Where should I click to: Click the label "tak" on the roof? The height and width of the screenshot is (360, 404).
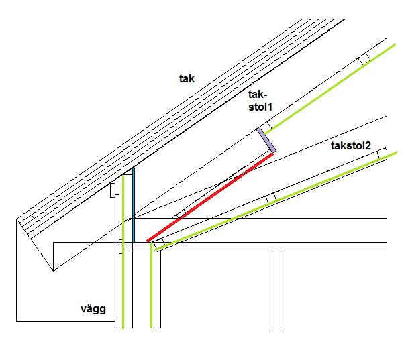click(x=187, y=78)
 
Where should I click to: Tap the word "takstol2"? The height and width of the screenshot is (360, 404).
click(x=351, y=146)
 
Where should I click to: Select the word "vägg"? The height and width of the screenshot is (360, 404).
click(x=93, y=309)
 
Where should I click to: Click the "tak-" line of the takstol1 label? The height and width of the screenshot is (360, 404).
click(x=256, y=95)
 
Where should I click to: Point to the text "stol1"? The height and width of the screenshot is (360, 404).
click(x=260, y=107)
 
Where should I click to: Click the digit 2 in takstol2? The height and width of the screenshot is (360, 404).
click(x=368, y=146)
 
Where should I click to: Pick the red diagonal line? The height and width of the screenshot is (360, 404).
click(x=210, y=198)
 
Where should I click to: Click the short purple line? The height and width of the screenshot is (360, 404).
click(x=266, y=140)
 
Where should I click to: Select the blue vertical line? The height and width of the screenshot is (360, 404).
click(x=133, y=205)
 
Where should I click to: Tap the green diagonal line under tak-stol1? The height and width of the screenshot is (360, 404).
click(x=330, y=89)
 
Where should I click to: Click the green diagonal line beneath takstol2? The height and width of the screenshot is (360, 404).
click(x=276, y=201)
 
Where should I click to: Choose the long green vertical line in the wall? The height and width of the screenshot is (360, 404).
click(x=123, y=251)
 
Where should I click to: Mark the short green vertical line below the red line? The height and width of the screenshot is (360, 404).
click(x=152, y=286)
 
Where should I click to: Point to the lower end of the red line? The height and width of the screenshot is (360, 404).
click(x=148, y=241)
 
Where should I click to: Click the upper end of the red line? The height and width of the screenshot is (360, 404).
click(x=272, y=154)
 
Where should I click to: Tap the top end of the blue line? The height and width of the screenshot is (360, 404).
click(x=133, y=168)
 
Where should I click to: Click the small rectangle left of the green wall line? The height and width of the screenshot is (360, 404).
click(x=113, y=190)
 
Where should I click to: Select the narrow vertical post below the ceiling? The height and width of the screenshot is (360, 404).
click(x=276, y=290)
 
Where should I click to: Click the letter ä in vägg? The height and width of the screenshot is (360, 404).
click(x=90, y=308)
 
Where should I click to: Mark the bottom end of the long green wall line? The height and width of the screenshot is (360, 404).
click(x=123, y=328)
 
